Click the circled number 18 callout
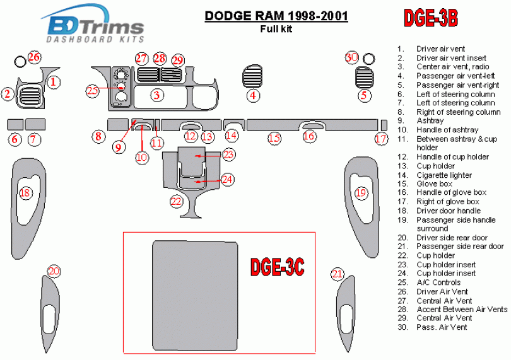click(25, 193)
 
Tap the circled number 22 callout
click(177, 202)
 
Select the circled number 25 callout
click(93, 91)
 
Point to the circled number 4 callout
click(253, 96)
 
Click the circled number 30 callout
click(351, 57)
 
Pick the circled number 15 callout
click(274, 138)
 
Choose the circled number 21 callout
click(338, 274)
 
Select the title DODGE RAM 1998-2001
click(276, 15)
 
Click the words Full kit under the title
click(276, 28)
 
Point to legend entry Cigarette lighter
click(443, 175)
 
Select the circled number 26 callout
click(34, 57)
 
